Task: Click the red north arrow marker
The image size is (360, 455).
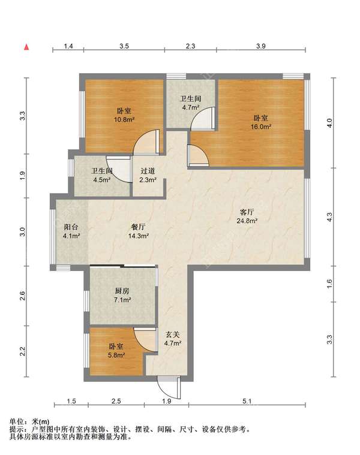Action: [x=26, y=47]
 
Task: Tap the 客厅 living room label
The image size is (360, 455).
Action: [x=247, y=212]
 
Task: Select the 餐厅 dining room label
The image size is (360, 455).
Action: [x=138, y=227]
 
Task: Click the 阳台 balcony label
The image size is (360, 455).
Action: [x=71, y=227]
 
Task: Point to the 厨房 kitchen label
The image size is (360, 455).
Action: [x=122, y=291]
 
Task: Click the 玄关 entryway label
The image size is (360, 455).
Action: [x=173, y=335]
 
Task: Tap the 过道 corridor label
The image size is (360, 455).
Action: [x=148, y=171]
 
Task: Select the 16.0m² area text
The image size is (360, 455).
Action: [x=261, y=127]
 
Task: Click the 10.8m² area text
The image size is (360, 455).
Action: [x=124, y=119]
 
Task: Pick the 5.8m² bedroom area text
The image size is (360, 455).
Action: [x=116, y=355]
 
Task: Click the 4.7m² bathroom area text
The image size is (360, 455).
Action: [x=190, y=107]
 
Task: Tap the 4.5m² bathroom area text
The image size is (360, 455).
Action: [x=101, y=180]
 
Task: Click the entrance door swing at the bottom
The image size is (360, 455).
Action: [x=169, y=388]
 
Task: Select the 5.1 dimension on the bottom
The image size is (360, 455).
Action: [x=247, y=401]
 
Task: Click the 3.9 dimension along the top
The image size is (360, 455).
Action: [x=261, y=46]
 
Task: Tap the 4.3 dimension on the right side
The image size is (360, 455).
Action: [x=329, y=217]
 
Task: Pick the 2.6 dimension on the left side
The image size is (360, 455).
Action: [x=23, y=296]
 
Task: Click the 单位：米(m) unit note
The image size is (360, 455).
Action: [x=29, y=421]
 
